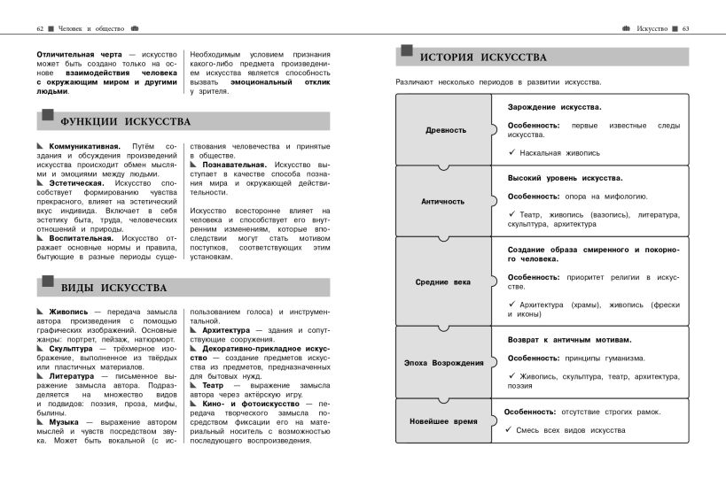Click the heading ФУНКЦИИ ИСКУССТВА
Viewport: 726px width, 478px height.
[125, 121]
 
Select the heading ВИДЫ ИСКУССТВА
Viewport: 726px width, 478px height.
[113, 288]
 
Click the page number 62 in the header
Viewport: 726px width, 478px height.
[40, 28]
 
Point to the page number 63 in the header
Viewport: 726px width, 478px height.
[685, 28]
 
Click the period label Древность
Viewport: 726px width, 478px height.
[445, 130]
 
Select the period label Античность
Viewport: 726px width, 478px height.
[442, 201]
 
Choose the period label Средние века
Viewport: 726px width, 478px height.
[443, 282]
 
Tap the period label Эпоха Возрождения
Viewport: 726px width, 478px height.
[443, 363]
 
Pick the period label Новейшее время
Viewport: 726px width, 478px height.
[443, 421]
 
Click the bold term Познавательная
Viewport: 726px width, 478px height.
[234, 165]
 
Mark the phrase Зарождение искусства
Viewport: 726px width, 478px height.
[554, 107]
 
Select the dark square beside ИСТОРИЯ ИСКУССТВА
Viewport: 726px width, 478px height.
[406, 51]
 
